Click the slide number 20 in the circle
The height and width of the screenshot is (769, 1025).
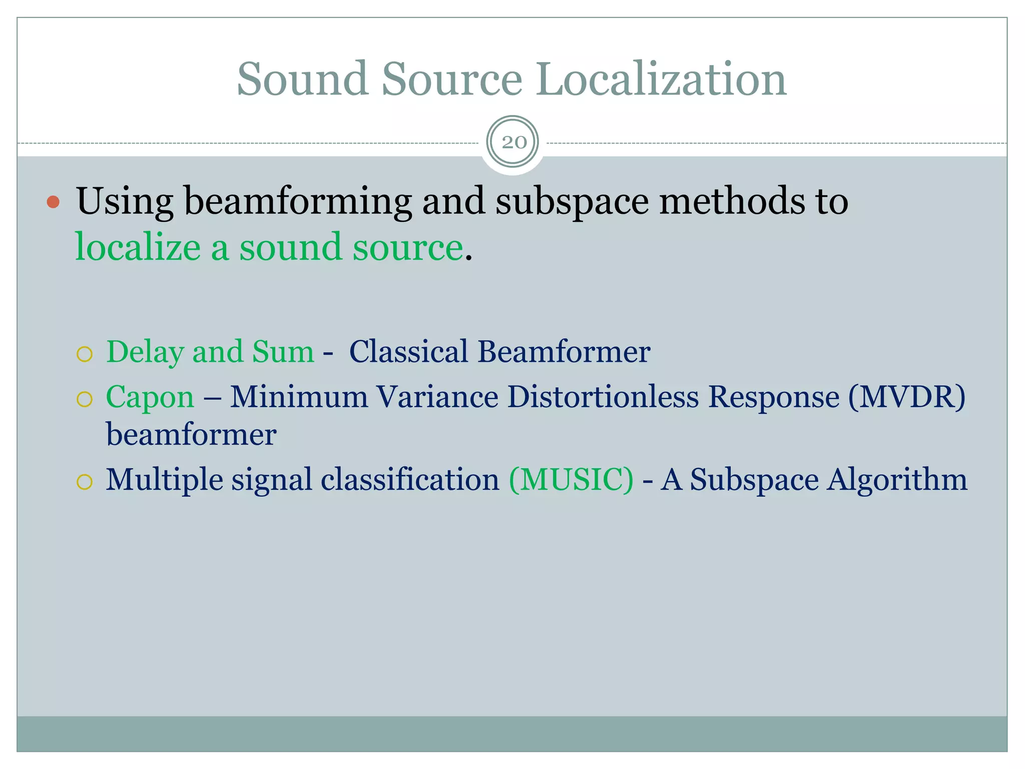[514, 143]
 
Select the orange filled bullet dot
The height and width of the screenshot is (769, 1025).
[53, 202]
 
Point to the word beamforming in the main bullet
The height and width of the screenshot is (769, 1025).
[298, 202]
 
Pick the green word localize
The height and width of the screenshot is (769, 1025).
[138, 248]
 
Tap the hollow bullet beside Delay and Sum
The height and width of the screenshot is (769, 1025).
[85, 354]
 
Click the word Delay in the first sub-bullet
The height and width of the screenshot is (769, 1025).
[145, 352]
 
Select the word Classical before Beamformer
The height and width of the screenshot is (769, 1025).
[408, 351]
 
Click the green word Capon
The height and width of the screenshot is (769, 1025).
[150, 398]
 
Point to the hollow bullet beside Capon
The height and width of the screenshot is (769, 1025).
[85, 400]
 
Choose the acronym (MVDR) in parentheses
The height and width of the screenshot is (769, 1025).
[906, 398]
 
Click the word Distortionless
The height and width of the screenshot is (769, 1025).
[603, 398]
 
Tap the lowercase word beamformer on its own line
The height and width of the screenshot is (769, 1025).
[191, 435]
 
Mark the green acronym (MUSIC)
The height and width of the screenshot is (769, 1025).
[571, 480]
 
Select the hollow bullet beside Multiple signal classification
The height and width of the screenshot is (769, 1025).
[85, 482]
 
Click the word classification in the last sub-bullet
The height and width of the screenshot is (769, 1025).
[410, 480]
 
